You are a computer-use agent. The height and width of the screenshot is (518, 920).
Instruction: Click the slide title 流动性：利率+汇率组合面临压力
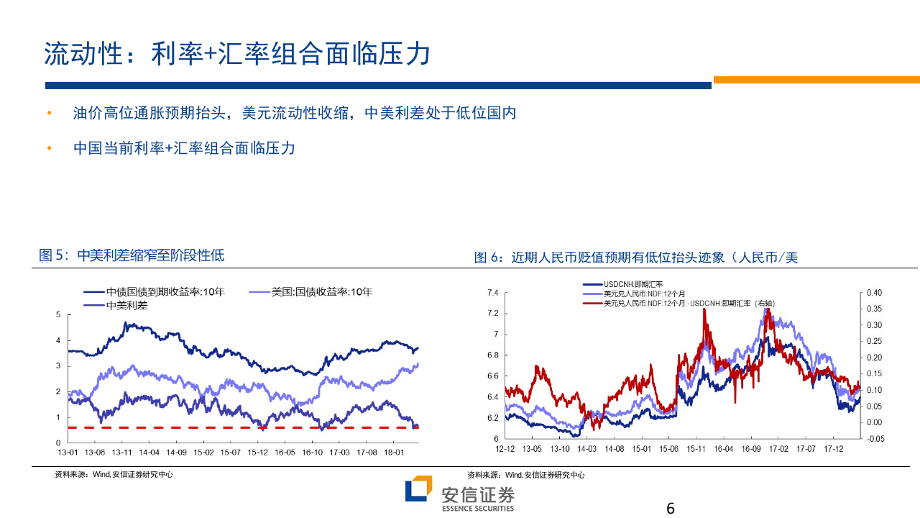click(x=237, y=54)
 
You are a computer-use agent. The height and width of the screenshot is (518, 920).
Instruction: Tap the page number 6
click(x=671, y=508)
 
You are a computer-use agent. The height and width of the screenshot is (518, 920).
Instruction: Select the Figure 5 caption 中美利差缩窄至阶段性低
click(x=132, y=255)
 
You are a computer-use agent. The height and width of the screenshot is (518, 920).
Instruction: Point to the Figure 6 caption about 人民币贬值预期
click(x=636, y=258)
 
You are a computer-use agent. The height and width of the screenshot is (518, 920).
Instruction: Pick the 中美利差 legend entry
click(x=126, y=305)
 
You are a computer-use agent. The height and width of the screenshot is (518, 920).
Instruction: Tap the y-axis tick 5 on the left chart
click(x=57, y=315)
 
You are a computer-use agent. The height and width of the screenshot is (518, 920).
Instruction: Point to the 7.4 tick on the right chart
click(x=492, y=293)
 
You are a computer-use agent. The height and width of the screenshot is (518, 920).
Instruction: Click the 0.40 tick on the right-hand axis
click(x=874, y=293)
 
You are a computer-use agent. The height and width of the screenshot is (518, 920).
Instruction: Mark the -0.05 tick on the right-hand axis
click(x=874, y=438)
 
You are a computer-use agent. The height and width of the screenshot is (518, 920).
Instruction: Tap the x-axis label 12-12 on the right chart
click(x=505, y=448)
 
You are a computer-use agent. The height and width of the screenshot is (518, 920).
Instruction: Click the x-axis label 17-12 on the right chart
click(x=832, y=448)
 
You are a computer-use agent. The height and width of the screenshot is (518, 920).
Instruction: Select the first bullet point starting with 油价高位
click(x=295, y=114)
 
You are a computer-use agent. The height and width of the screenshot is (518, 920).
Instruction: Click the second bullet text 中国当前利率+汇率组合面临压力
click(x=184, y=148)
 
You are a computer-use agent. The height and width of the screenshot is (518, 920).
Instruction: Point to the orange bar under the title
click(x=816, y=80)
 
